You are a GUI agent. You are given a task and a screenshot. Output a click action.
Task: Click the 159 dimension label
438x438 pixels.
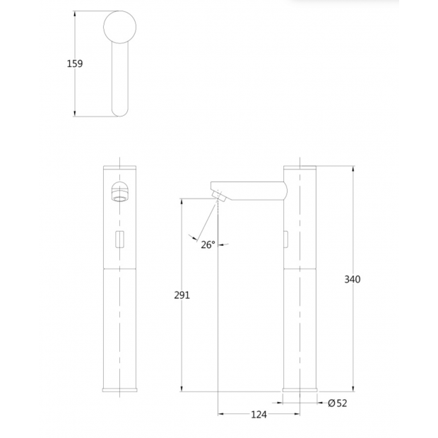tap(75, 64)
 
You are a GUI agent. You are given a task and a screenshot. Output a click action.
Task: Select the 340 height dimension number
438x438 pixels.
tap(353, 279)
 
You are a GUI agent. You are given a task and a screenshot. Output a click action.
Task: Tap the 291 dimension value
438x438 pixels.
tap(182, 295)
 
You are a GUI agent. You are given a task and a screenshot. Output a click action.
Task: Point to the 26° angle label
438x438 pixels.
tap(208, 245)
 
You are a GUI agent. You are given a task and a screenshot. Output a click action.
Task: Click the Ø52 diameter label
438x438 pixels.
tap(338, 403)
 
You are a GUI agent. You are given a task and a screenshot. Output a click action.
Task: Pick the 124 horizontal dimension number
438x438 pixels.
tap(259, 415)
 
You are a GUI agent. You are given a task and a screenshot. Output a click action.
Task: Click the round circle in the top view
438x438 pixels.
tap(120, 27)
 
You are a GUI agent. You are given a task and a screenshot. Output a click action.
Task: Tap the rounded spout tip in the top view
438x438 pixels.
tap(120, 112)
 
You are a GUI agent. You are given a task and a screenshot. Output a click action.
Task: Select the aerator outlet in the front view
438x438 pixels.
tap(119, 191)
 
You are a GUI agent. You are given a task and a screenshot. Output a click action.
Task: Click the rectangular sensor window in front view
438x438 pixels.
tap(119, 239)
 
